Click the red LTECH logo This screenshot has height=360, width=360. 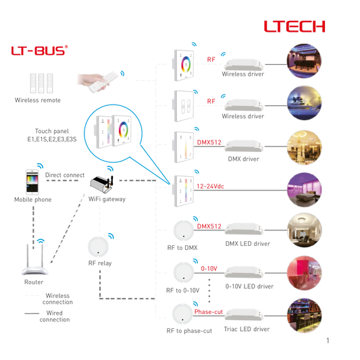point(294,26)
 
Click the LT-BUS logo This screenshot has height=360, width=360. point(39,51)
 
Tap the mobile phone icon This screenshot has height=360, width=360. point(32,182)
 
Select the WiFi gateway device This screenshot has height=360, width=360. point(101,184)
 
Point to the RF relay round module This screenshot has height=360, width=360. point(98,247)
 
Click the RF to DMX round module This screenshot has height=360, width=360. point(184,230)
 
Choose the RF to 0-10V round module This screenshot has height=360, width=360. point(184,272)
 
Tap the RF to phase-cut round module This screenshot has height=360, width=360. point(183,314)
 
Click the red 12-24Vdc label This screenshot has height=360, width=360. point(210,186)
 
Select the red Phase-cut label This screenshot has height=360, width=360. point(209,312)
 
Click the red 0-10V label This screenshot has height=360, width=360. point(209,268)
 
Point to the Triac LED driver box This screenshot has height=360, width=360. point(244,315)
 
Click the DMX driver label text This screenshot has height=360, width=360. point(243,159)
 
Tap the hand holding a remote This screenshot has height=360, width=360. point(97,82)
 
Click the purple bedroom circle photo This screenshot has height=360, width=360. point(304,190)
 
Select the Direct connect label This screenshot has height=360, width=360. point(65,175)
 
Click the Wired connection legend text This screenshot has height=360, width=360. point(55,316)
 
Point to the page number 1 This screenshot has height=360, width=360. point(328,340)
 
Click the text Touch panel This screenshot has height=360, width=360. point(52,131)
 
